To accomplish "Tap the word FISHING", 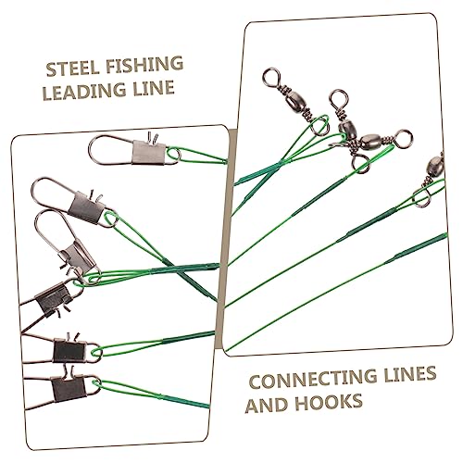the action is click(x=144, y=65).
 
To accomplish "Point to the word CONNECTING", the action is click(x=311, y=379).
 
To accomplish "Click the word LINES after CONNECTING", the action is click(x=407, y=374).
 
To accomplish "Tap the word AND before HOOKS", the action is click(x=267, y=405).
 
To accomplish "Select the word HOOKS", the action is click(x=328, y=402).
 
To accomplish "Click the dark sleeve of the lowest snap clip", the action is click(x=69, y=389).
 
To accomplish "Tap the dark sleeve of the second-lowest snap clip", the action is click(x=69, y=351).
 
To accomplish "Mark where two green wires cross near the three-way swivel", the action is click(x=280, y=162).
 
